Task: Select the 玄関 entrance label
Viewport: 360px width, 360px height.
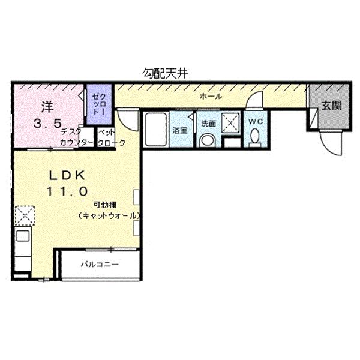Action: (331, 107)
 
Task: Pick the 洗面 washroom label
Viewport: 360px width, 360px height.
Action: (208, 124)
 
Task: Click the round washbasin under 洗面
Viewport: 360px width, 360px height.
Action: (208, 140)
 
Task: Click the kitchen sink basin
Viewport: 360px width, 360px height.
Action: (23, 235)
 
